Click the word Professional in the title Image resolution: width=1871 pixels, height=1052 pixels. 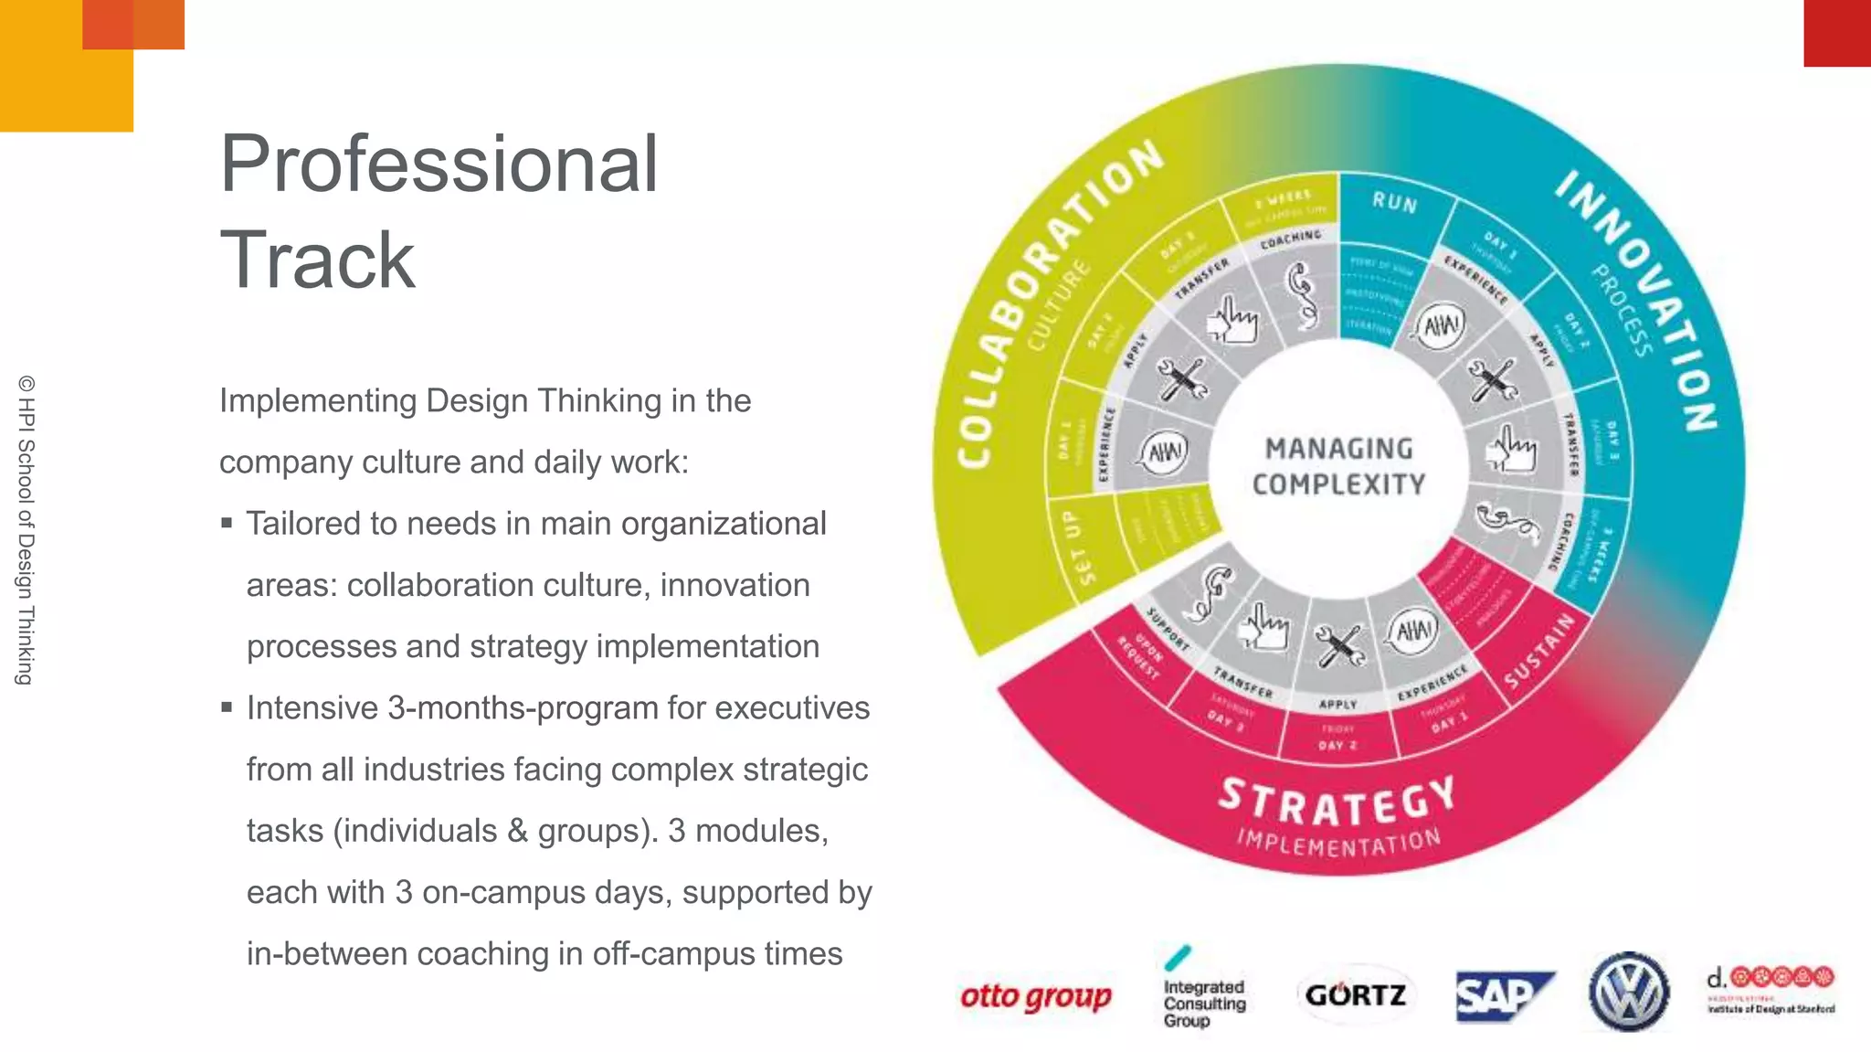(x=439, y=165)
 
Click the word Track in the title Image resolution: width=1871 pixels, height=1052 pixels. (x=317, y=260)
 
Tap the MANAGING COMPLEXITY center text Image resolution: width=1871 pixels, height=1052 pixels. (x=1338, y=466)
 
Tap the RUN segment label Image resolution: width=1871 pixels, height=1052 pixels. (x=1394, y=202)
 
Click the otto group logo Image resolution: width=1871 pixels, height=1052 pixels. (x=1035, y=996)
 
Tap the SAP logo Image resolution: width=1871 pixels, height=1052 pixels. (x=1503, y=995)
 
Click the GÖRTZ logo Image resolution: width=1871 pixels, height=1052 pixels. (x=1355, y=994)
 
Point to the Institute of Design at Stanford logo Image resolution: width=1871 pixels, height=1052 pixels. (x=1770, y=991)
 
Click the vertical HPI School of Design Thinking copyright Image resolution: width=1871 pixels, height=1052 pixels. (x=26, y=529)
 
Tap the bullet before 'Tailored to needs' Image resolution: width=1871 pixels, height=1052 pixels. (x=227, y=524)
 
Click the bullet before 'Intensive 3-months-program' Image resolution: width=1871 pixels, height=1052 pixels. (x=227, y=707)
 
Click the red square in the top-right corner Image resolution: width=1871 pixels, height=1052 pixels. (x=1836, y=33)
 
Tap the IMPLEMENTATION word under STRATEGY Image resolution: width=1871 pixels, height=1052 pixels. (x=1338, y=844)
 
